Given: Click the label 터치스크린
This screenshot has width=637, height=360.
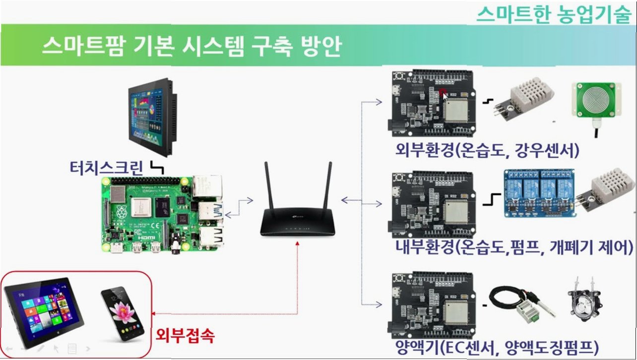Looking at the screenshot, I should (107, 168).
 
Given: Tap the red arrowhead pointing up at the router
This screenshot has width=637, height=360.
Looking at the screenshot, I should (298, 243).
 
